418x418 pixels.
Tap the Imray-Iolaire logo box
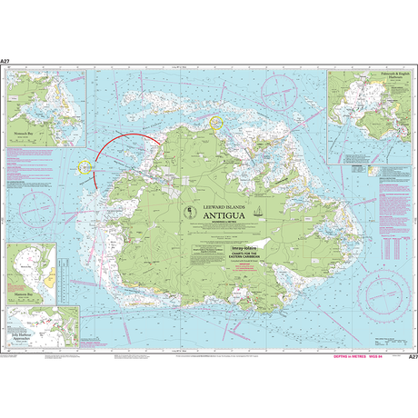(221, 244)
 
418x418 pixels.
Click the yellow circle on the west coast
(86, 168)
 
